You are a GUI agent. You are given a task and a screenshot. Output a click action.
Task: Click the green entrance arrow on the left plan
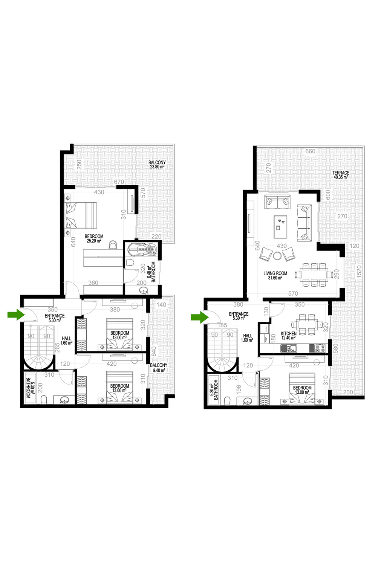tap(16, 315)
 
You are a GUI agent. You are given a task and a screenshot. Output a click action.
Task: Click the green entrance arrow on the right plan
tap(199, 317)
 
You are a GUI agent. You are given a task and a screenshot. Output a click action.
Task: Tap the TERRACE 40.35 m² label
tap(341, 175)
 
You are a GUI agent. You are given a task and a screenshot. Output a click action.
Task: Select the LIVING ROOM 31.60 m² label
tap(275, 275)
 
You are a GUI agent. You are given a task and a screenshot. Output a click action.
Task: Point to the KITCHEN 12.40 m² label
tap(288, 336)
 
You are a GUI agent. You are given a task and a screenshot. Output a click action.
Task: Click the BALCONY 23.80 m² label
tap(157, 165)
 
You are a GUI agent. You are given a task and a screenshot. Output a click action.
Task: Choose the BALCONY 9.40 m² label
tap(158, 368)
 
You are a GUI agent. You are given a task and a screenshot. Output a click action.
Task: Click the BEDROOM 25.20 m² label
tap(94, 238)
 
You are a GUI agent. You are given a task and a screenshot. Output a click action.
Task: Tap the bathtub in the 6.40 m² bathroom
tap(141, 249)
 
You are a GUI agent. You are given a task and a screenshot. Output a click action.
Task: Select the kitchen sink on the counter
tap(289, 348)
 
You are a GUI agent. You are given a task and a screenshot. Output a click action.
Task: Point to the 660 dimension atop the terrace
tap(310, 151)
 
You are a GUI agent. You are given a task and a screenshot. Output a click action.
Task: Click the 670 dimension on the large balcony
tap(119, 182)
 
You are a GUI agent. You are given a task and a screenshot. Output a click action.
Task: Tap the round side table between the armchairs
tap(277, 256)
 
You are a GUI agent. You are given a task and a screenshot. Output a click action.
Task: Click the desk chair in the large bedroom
tap(113, 244)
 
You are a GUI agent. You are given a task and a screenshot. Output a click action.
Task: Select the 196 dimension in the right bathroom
tap(239, 389)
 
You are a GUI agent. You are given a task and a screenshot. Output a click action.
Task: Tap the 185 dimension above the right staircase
tap(222, 325)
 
